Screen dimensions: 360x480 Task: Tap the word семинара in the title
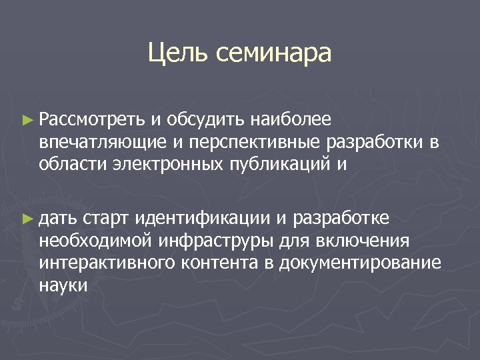[x=273, y=53]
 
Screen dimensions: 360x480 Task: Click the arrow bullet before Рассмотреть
[x=27, y=121]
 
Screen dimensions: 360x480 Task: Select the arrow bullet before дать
[x=27, y=218]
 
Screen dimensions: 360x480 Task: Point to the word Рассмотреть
[x=91, y=120]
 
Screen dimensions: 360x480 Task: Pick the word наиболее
[x=291, y=120]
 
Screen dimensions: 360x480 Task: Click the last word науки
[x=63, y=285]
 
